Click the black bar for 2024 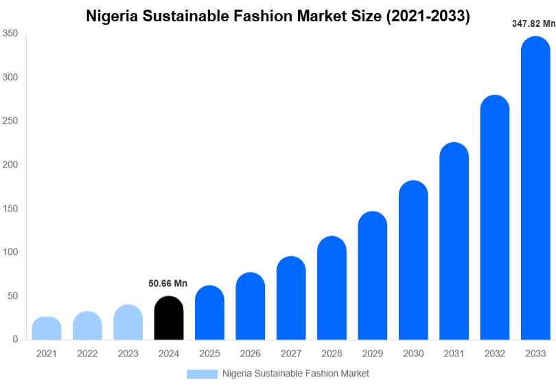(169, 319)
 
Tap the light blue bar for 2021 (47, 329)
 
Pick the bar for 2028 (332, 288)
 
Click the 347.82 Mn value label (533, 23)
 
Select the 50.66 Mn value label (167, 283)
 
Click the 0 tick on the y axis (14, 340)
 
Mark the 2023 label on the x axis (128, 354)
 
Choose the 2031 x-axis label (454, 354)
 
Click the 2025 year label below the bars (209, 354)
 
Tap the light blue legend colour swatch (202, 374)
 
